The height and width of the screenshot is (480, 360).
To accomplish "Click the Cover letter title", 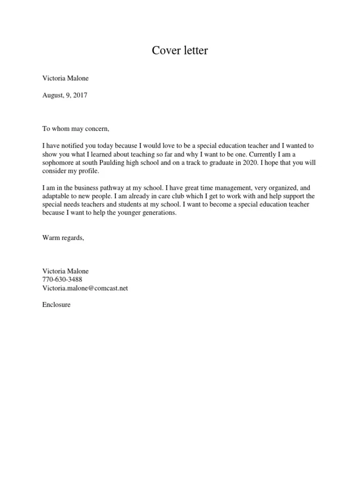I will [180, 51].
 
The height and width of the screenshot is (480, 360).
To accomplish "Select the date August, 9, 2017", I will [65, 95].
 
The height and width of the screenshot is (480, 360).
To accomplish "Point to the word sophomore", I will [59, 163].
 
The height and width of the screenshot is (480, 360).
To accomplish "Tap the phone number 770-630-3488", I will [62, 280].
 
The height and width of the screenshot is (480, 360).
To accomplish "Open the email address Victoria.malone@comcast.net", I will [85, 288].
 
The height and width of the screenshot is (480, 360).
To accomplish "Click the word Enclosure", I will [56, 305].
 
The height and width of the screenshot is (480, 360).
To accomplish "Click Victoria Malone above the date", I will [65, 78].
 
